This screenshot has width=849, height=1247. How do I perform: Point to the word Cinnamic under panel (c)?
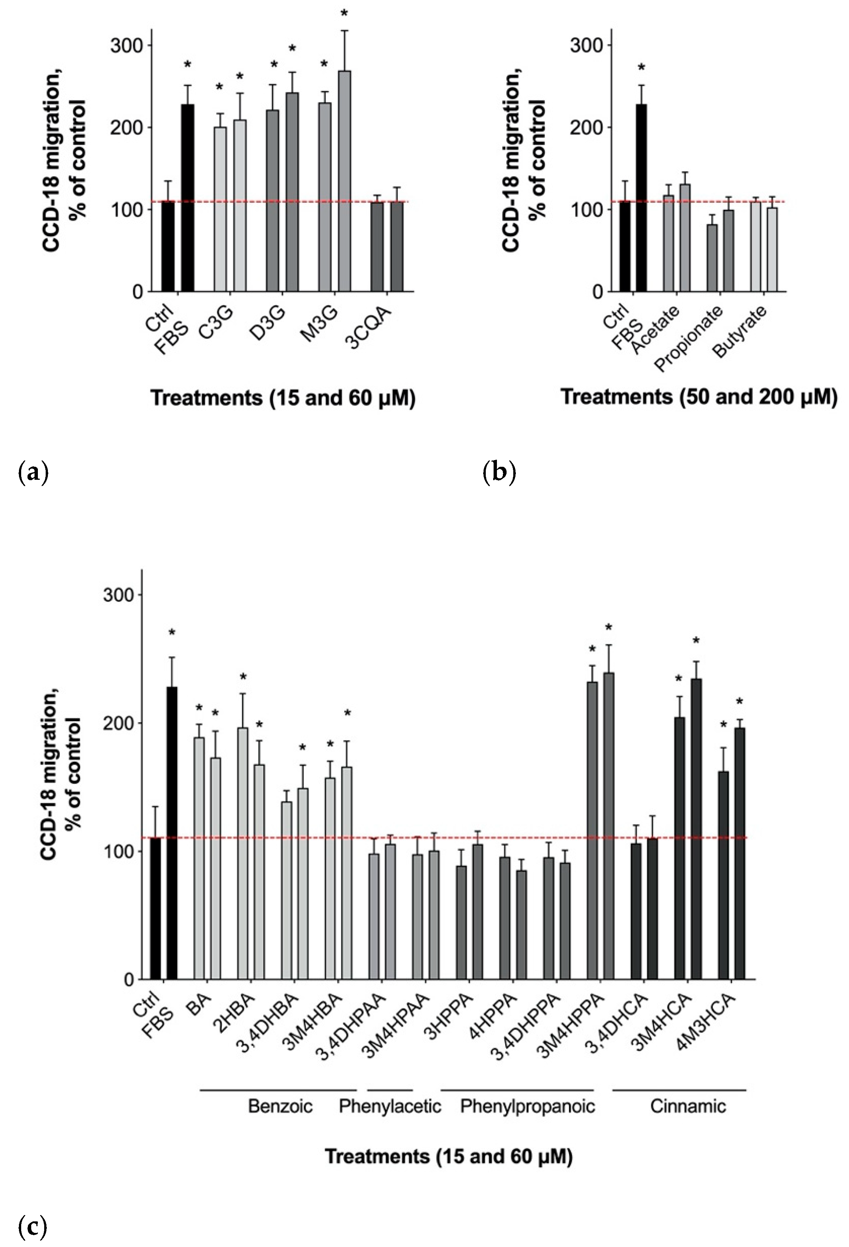click(x=688, y=1106)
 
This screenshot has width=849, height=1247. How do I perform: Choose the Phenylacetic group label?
click(x=390, y=1106)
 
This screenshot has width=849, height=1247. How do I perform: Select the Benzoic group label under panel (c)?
click(x=280, y=1106)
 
